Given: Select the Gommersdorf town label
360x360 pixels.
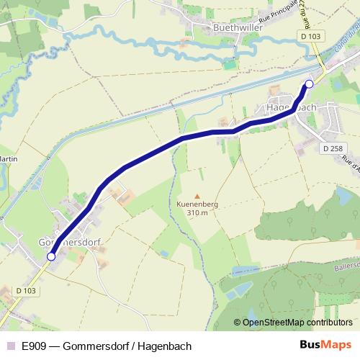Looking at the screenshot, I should click(x=68, y=243).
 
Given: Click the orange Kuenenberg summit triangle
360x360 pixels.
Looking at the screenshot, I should click(x=197, y=195).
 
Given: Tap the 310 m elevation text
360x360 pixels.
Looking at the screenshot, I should click(x=197, y=212).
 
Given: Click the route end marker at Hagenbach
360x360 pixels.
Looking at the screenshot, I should click(x=309, y=84).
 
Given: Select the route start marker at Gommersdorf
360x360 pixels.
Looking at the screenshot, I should click(x=50, y=256).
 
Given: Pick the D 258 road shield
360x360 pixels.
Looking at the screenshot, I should click(x=332, y=148).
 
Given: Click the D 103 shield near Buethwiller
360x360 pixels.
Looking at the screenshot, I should click(x=311, y=36).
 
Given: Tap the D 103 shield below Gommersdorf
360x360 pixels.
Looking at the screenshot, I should click(x=26, y=290).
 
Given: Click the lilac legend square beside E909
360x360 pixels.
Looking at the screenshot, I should click(x=10, y=346).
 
